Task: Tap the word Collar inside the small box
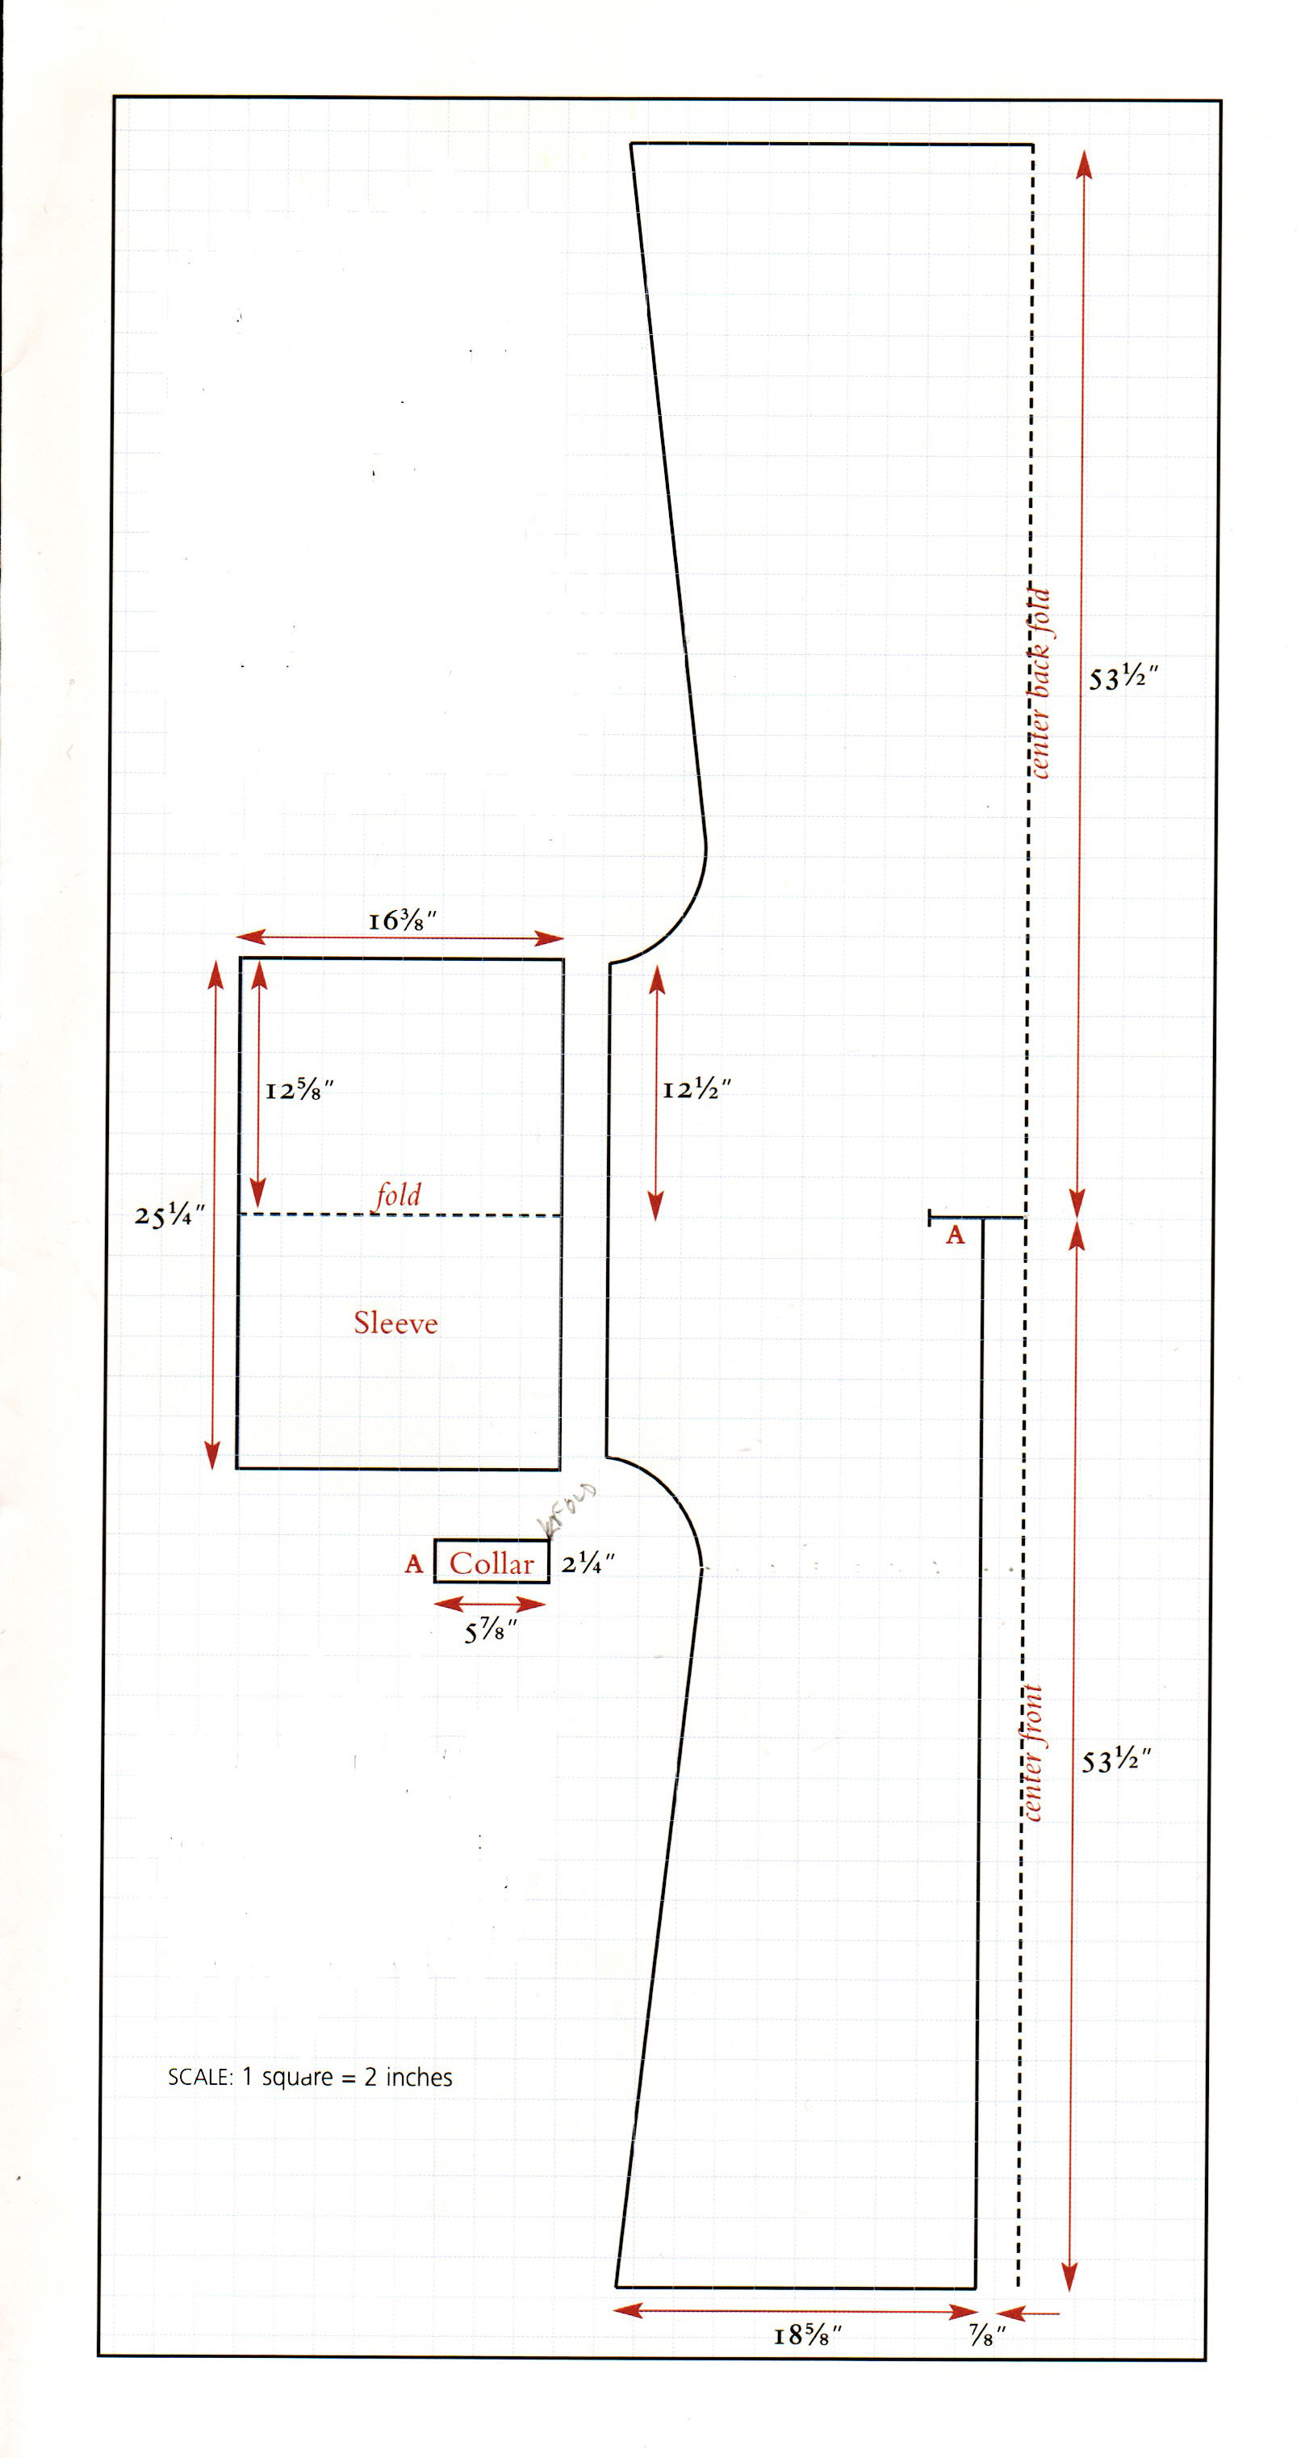(491, 1563)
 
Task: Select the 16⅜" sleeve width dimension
(402, 921)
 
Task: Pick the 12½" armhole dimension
(696, 1088)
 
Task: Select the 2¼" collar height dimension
(587, 1563)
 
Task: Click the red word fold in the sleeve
(397, 1194)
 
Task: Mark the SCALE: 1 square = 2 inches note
(310, 2078)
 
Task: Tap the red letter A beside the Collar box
(413, 1563)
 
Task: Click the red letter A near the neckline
(955, 1235)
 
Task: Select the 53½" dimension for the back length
(1123, 678)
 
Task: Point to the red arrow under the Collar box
(489, 1604)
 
